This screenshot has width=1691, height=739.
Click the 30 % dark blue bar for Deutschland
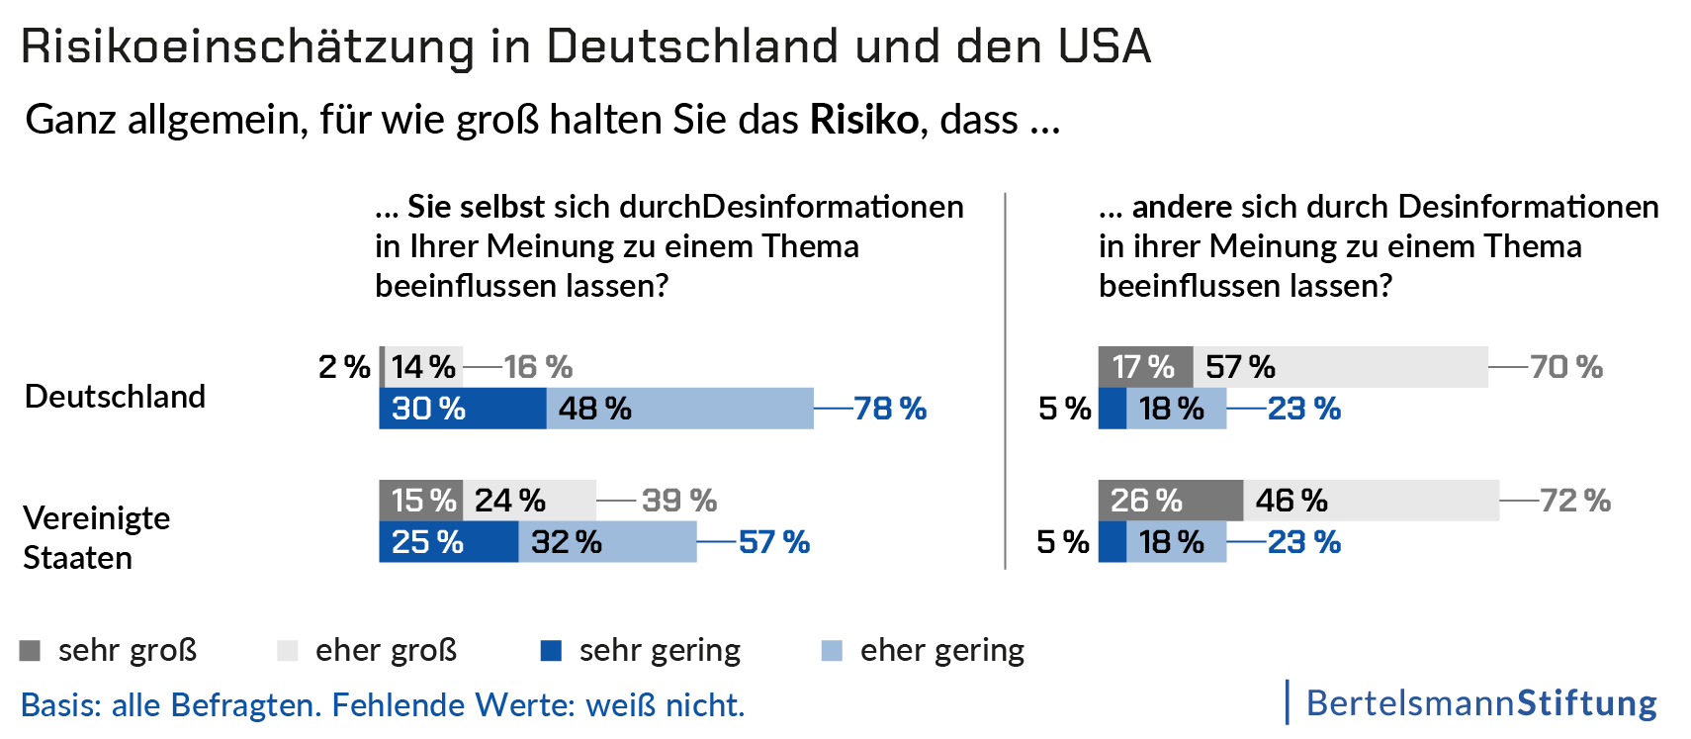(462, 409)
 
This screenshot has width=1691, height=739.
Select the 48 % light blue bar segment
(679, 409)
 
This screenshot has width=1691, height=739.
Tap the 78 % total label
(890, 409)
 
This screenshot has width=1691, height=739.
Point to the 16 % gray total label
(538, 367)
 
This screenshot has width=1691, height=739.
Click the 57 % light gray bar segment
(1340, 367)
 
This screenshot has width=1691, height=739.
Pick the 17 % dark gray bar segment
(1145, 367)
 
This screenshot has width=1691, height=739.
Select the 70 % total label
(1566, 367)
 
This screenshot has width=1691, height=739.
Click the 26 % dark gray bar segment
(1170, 501)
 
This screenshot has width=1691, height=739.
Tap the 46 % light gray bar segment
(1371, 501)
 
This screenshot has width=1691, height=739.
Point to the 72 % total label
(1575, 501)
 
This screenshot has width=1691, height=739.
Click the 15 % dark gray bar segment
(421, 501)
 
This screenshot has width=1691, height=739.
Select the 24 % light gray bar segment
(529, 501)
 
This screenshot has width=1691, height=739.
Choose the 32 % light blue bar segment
(607, 542)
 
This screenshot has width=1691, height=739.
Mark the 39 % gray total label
(679, 501)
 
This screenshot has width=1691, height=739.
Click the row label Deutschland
(115, 397)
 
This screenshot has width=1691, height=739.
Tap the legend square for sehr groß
(30, 651)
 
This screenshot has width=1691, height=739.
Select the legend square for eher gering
(832, 651)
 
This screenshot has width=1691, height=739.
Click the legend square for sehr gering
(551, 651)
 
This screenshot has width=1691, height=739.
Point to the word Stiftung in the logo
(1587, 703)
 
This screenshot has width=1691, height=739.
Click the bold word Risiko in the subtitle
(864, 120)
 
